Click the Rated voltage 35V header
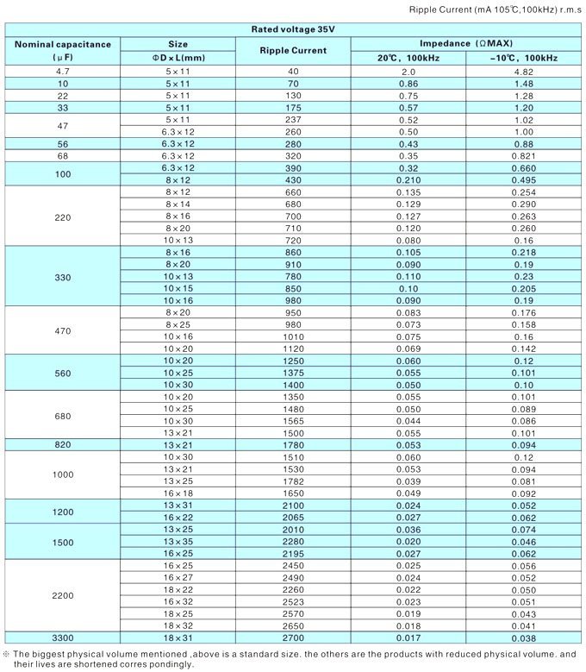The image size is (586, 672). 293,29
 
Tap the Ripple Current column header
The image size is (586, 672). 293,50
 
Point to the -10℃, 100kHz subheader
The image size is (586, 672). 524,57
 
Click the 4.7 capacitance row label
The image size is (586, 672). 62,71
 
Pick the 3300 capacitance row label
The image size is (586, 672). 62,637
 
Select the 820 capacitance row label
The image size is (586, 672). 62,444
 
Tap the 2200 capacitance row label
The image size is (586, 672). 62,595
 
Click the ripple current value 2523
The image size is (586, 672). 293,601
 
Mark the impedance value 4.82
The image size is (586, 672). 524,71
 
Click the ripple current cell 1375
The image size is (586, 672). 293,373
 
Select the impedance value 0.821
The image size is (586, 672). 524,155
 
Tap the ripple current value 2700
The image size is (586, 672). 293,637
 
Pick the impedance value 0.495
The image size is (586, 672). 524,179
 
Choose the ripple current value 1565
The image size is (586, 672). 293,420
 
